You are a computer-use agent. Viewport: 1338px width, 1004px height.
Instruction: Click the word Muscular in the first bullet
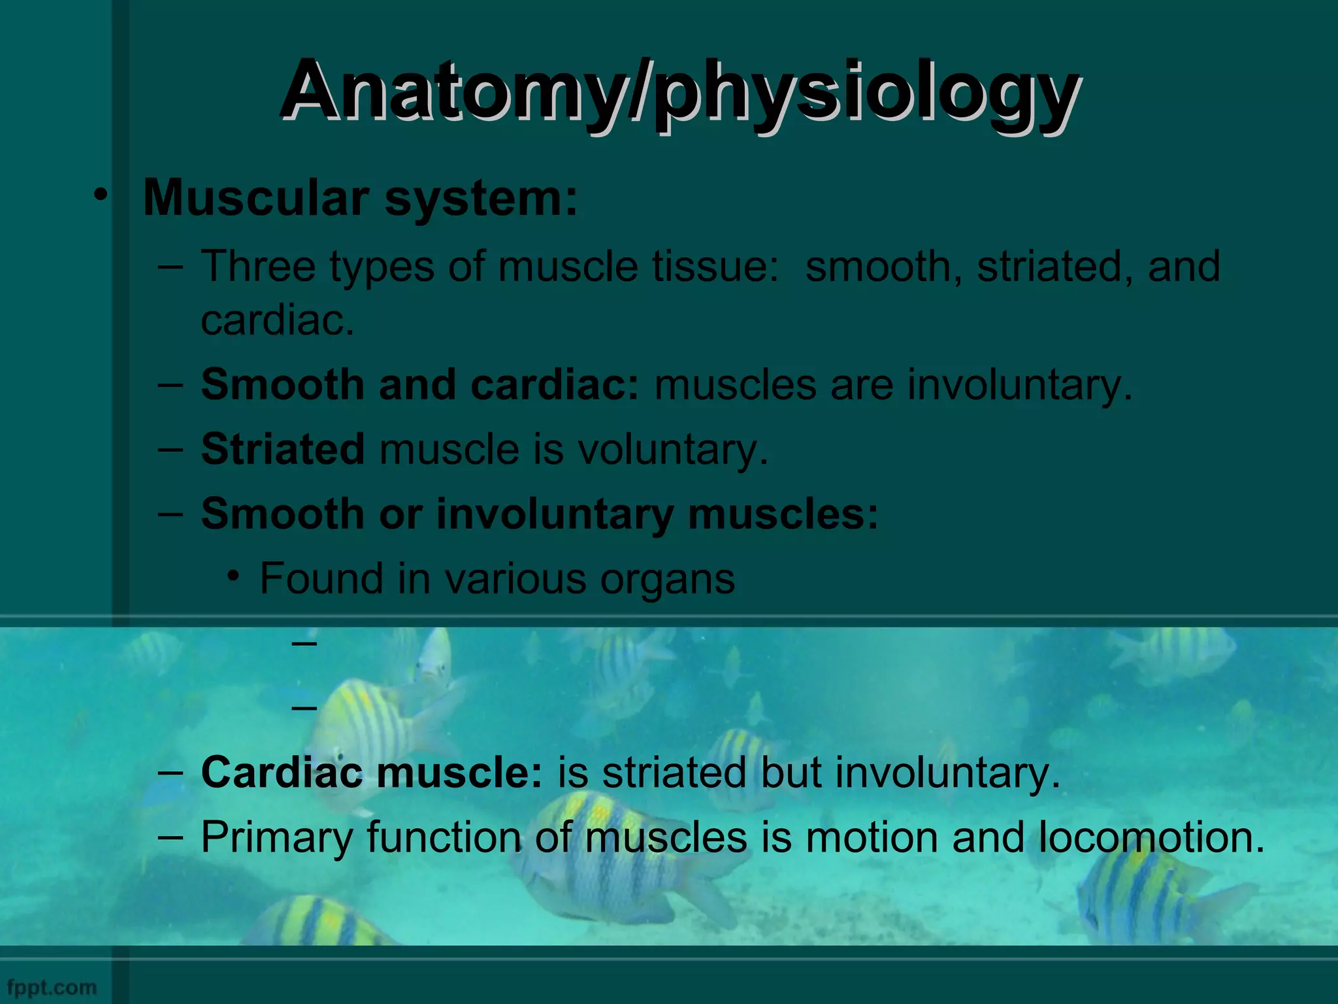pyautogui.click(x=257, y=197)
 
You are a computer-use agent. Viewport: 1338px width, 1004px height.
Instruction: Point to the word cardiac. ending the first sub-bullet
pyautogui.click(x=277, y=320)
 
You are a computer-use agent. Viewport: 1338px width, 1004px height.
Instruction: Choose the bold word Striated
pyautogui.click(x=282, y=449)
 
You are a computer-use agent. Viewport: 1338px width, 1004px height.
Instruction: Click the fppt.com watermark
pyautogui.click(x=52, y=987)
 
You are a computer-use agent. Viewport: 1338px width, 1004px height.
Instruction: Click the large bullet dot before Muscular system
pyautogui.click(x=99, y=195)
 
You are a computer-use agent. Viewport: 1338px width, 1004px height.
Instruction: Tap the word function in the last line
pyautogui.click(x=444, y=837)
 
